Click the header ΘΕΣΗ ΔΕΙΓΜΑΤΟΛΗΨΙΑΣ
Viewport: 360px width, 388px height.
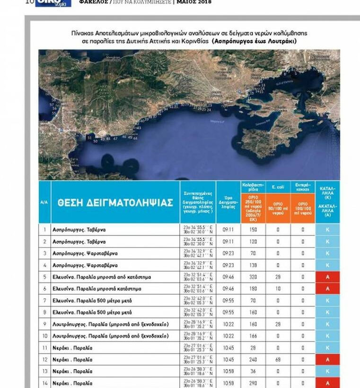click(x=115, y=202)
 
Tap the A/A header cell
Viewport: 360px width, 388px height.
click(x=44, y=202)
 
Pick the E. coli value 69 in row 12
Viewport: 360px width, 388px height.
click(x=278, y=360)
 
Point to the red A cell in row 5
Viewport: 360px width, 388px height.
click(x=327, y=277)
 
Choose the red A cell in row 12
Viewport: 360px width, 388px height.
click(x=327, y=360)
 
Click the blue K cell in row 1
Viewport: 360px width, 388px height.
click(x=327, y=229)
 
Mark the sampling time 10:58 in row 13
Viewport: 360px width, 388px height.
click(x=228, y=371)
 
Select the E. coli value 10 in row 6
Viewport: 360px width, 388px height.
click(x=278, y=289)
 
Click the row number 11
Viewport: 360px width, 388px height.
click(x=44, y=348)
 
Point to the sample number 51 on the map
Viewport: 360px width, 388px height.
click(x=90, y=138)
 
